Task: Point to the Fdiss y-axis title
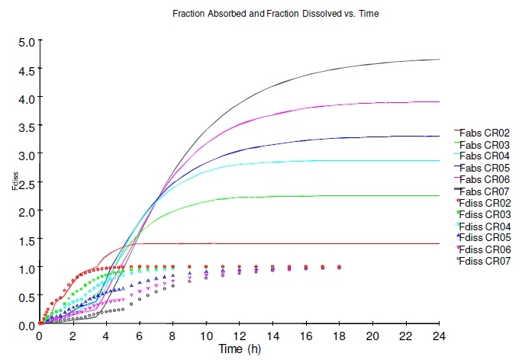tap(14, 182)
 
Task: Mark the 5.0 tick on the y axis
tap(27, 41)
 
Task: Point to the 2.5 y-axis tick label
tap(27, 183)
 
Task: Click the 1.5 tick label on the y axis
tap(27, 239)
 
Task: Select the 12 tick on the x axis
tap(240, 336)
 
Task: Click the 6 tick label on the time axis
tap(140, 336)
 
